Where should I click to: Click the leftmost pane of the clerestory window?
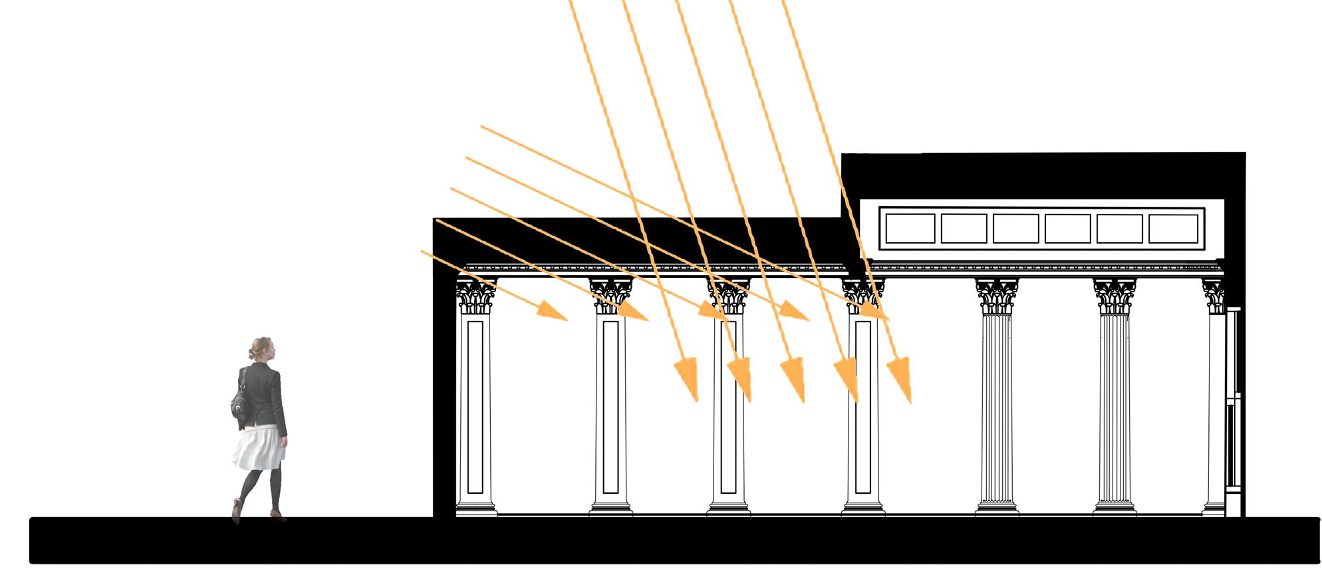[910, 229]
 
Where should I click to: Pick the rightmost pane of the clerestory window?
[1173, 229]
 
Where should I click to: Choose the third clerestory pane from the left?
[1015, 229]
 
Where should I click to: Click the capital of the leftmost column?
[476, 296]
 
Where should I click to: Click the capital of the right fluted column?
[1115, 296]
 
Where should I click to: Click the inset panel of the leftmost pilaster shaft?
[475, 405]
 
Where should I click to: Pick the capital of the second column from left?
[611, 296]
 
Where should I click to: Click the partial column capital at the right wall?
[1214, 296]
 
